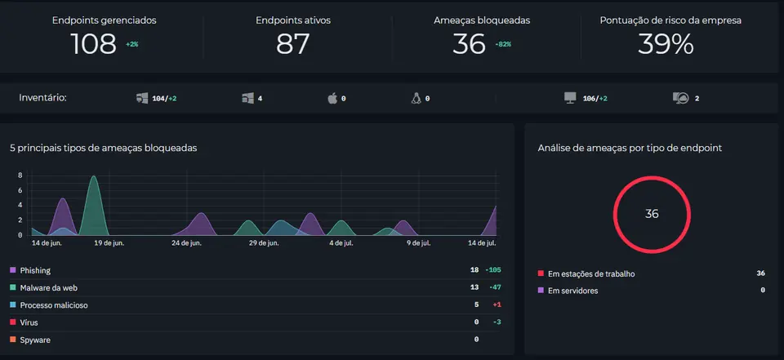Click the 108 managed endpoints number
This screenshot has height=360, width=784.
coord(93,44)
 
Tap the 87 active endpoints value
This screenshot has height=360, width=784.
coord(293,44)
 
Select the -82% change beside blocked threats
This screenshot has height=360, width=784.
coord(503,45)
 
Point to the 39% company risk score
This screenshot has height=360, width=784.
coord(666,44)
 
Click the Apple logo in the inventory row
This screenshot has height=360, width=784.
coord(332,98)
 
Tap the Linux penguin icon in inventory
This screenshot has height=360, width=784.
coord(416,98)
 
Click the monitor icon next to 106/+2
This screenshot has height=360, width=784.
coord(570,98)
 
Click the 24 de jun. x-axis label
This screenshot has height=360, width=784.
coord(186,243)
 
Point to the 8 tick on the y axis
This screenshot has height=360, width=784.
coord(20,176)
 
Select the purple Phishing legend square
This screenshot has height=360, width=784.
coord(13,270)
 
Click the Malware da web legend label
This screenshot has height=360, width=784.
coord(48,288)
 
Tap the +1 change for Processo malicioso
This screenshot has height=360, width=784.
coord(497,305)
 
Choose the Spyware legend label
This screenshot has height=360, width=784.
coord(35,340)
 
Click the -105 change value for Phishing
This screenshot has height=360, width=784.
coord(493,270)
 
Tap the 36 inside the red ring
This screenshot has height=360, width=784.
coord(652,214)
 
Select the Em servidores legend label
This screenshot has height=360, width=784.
coord(573,291)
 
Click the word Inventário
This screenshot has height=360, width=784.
coord(43,97)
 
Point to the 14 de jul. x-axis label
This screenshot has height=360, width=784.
coord(482,243)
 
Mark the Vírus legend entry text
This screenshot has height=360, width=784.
coord(29,322)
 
